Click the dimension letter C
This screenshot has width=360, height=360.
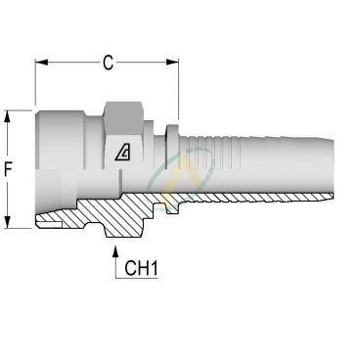click(x=109, y=64)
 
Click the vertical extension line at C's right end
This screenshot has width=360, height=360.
click(x=178, y=88)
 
